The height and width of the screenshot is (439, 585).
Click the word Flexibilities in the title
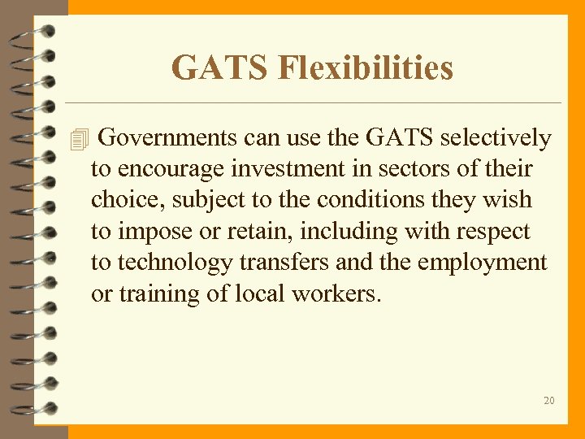[366, 67]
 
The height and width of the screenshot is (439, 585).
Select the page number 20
[549, 400]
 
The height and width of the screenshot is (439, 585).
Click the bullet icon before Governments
[78, 141]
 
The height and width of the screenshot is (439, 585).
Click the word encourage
[172, 169]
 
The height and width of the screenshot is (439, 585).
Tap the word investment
[295, 169]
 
